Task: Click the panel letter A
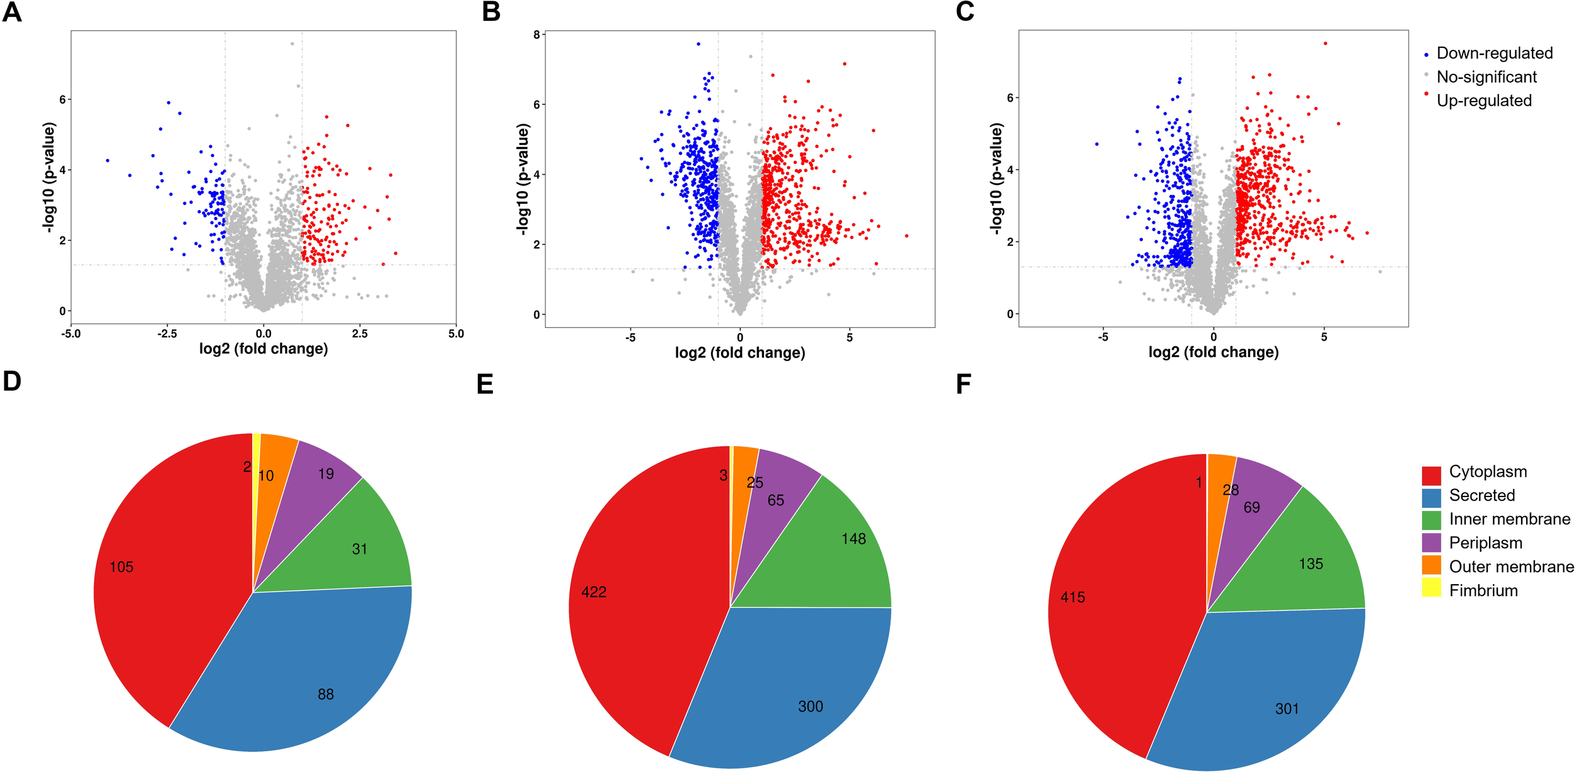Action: [12, 12]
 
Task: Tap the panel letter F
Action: [963, 384]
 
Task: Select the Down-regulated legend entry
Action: [1493, 54]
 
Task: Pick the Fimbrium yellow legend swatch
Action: [1431, 587]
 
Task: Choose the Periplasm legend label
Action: [1485, 542]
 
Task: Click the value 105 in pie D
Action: [122, 567]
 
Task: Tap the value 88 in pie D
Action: [325, 695]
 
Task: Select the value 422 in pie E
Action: [594, 592]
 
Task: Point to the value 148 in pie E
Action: [854, 539]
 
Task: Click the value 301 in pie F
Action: [1287, 709]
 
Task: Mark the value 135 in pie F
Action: [1311, 564]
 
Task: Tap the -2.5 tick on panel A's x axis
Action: [166, 334]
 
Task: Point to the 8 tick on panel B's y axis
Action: [536, 35]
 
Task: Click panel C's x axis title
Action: [1213, 352]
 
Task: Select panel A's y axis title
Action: [50, 178]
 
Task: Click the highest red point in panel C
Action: [1325, 44]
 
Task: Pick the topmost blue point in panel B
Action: [698, 44]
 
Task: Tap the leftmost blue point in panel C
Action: [1097, 144]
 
